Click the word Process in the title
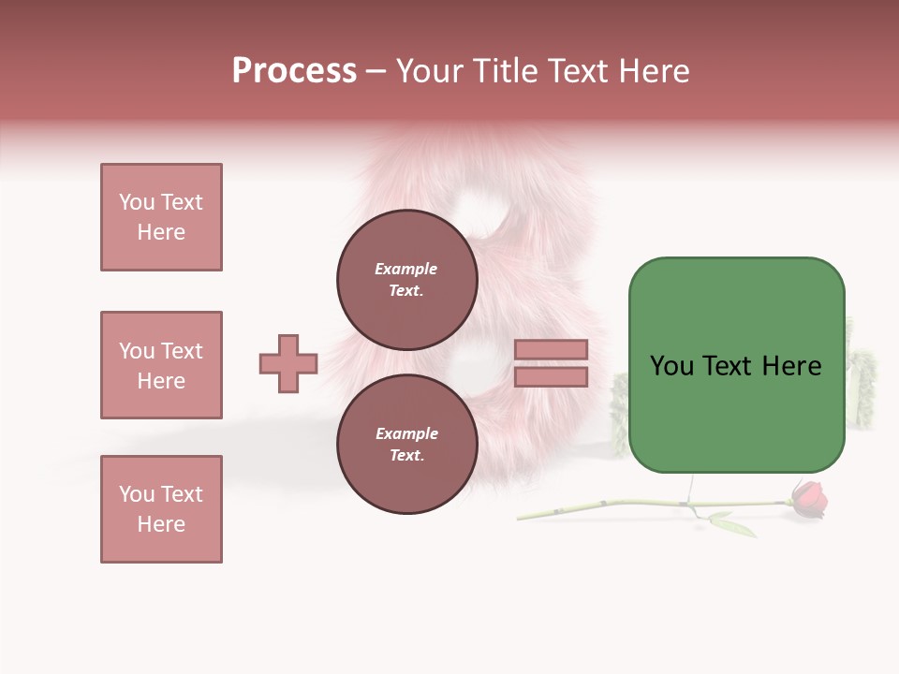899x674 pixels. click(x=294, y=71)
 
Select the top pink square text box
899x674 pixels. click(x=161, y=217)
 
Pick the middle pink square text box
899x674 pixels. click(x=161, y=365)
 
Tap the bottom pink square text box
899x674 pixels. click(x=161, y=509)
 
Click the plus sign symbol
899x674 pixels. click(x=288, y=363)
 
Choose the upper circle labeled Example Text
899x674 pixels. click(x=406, y=279)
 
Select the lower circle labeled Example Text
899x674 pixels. click(x=406, y=444)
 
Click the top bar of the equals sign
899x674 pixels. click(x=551, y=349)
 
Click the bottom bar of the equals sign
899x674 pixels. click(x=551, y=376)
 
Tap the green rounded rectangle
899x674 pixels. click(x=736, y=412)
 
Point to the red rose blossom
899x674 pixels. click(x=810, y=499)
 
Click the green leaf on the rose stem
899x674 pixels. click(x=736, y=525)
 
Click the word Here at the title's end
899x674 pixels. click(x=653, y=71)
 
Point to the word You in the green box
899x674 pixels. click(x=671, y=366)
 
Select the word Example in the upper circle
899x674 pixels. click(x=405, y=269)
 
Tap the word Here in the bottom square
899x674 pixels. click(x=161, y=524)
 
